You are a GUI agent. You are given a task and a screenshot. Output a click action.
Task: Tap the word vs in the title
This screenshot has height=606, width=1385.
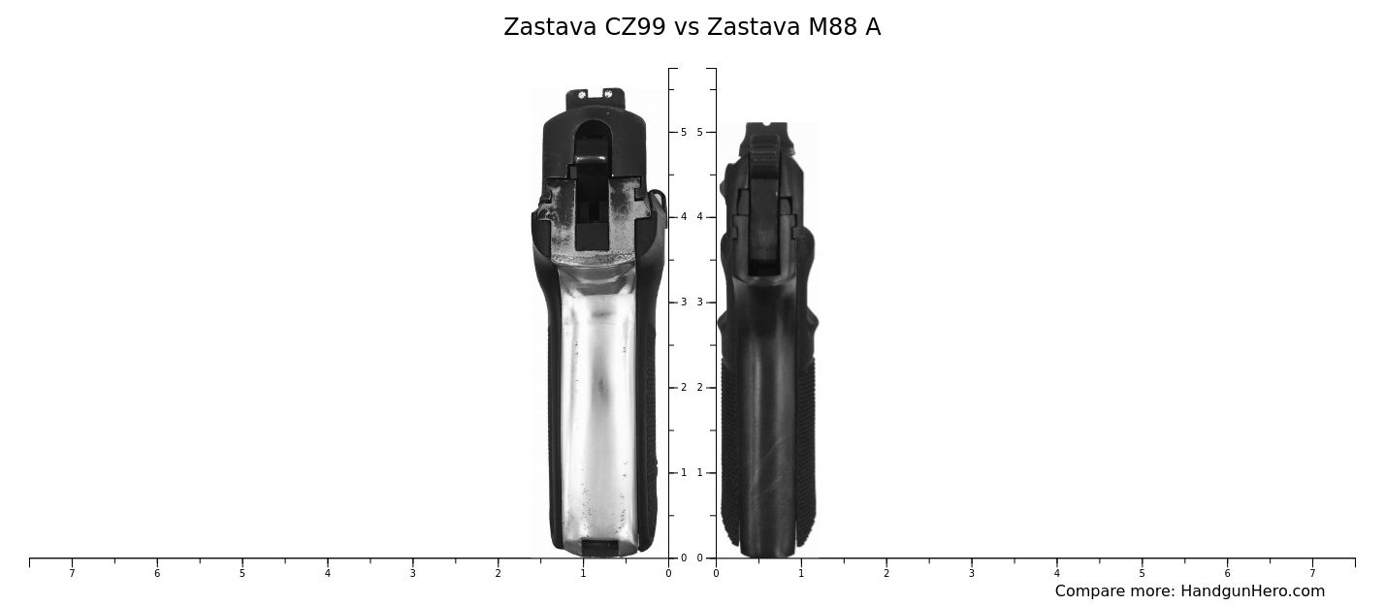pyautogui.click(x=687, y=28)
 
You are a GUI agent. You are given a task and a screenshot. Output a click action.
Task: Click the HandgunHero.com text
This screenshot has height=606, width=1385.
pyautogui.click(x=1252, y=591)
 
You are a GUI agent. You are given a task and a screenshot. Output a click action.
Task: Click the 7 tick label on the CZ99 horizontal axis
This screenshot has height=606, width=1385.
pyautogui.click(x=72, y=574)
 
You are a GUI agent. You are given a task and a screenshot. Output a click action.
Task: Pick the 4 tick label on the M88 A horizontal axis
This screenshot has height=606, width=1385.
pyautogui.click(x=1056, y=574)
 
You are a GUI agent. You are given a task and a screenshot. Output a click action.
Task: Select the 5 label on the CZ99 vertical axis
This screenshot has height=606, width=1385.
pyautogui.click(x=683, y=132)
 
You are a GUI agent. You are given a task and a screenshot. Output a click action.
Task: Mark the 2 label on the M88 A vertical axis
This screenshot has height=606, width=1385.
pyautogui.click(x=699, y=388)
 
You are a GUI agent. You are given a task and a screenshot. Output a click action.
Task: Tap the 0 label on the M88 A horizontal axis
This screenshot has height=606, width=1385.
pyautogui.click(x=716, y=574)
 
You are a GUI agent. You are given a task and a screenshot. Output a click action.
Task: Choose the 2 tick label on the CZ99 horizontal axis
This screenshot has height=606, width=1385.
pyautogui.click(x=498, y=574)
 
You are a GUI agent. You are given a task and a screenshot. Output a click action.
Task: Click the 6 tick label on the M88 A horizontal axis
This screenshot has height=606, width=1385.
pyautogui.click(x=1227, y=574)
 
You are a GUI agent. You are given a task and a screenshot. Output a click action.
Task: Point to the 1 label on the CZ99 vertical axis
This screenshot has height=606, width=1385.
pyautogui.click(x=683, y=473)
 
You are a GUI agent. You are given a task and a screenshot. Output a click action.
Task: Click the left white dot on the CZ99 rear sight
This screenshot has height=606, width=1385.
pyautogui.click(x=582, y=95)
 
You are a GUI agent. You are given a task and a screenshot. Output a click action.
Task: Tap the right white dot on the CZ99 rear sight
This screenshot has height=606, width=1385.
pyautogui.click(x=608, y=94)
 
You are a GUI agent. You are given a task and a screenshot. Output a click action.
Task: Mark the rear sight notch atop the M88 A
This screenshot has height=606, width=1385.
pyautogui.click(x=766, y=125)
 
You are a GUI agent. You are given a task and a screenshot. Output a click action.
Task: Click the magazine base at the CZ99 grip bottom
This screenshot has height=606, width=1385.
pyautogui.click(x=599, y=548)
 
